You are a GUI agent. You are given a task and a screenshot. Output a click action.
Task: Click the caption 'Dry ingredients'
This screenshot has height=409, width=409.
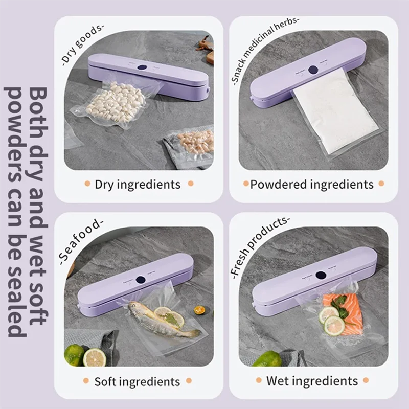(x=138, y=184)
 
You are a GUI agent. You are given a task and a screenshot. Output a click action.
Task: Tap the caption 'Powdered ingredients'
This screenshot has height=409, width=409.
(x=311, y=184)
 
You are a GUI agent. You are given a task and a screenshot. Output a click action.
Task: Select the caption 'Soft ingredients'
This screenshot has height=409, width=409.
(x=138, y=381)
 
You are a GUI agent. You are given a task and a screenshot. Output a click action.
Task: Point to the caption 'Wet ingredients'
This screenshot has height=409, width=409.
(x=312, y=381)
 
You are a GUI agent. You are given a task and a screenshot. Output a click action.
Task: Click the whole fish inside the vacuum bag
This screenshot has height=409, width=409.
(x=161, y=320)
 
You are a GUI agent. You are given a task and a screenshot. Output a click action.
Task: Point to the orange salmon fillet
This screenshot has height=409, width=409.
(x=348, y=314)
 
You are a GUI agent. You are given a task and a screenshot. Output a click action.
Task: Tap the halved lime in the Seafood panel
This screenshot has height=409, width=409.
(x=94, y=357)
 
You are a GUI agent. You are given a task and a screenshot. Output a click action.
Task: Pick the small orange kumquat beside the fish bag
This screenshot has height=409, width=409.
(x=199, y=310)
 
